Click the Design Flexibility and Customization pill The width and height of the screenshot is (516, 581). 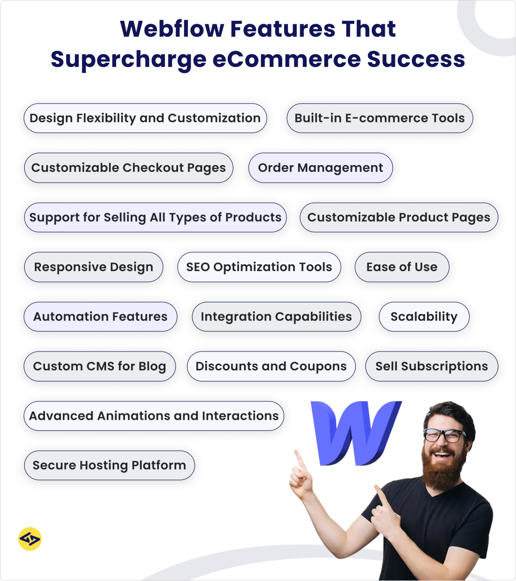point(145,118)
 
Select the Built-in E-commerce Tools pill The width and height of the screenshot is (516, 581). point(379,118)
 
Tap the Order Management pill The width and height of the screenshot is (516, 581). point(320,168)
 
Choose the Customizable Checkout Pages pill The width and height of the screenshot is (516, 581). point(129,168)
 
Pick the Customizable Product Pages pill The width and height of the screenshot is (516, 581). point(399,217)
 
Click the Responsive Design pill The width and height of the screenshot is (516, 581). point(93,267)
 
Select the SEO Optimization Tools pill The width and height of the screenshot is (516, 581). point(259,267)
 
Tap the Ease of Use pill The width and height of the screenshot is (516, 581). point(402,267)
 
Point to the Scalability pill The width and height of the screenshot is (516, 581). point(424,317)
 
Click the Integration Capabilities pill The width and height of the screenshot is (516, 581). point(276,317)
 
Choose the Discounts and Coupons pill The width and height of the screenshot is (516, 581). point(271,367)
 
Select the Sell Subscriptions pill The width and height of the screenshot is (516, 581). point(432,367)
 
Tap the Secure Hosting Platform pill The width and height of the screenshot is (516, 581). point(109,465)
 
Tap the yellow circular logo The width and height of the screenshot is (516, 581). point(30,539)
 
